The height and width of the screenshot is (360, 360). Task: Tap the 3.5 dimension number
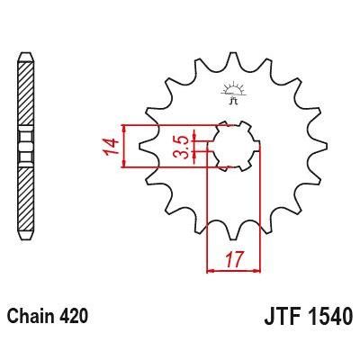[181, 147]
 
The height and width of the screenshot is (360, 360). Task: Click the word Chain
[30, 318]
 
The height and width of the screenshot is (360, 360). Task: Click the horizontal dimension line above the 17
[234, 268]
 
